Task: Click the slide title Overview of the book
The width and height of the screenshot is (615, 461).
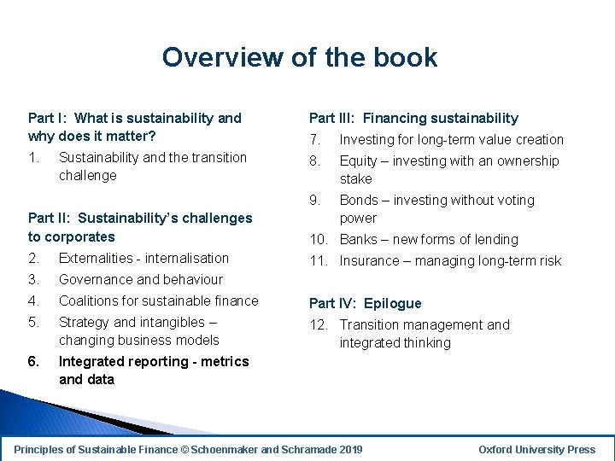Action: pos(300,57)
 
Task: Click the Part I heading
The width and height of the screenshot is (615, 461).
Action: pos(134,127)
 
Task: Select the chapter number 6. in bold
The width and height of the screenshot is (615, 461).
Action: pos(33,361)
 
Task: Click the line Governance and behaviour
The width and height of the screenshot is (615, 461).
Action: pos(140,279)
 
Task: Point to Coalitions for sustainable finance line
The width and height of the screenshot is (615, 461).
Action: pos(158,301)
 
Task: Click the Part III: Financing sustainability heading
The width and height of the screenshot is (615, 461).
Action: pos(413,118)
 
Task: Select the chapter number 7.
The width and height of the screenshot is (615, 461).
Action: pos(314,139)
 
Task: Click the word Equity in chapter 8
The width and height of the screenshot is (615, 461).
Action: pos(358,160)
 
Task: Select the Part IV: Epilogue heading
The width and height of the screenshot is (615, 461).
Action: pos(365,303)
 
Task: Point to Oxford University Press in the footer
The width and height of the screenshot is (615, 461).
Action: pos(536,449)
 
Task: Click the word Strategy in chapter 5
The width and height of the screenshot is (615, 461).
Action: pos(84,322)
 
